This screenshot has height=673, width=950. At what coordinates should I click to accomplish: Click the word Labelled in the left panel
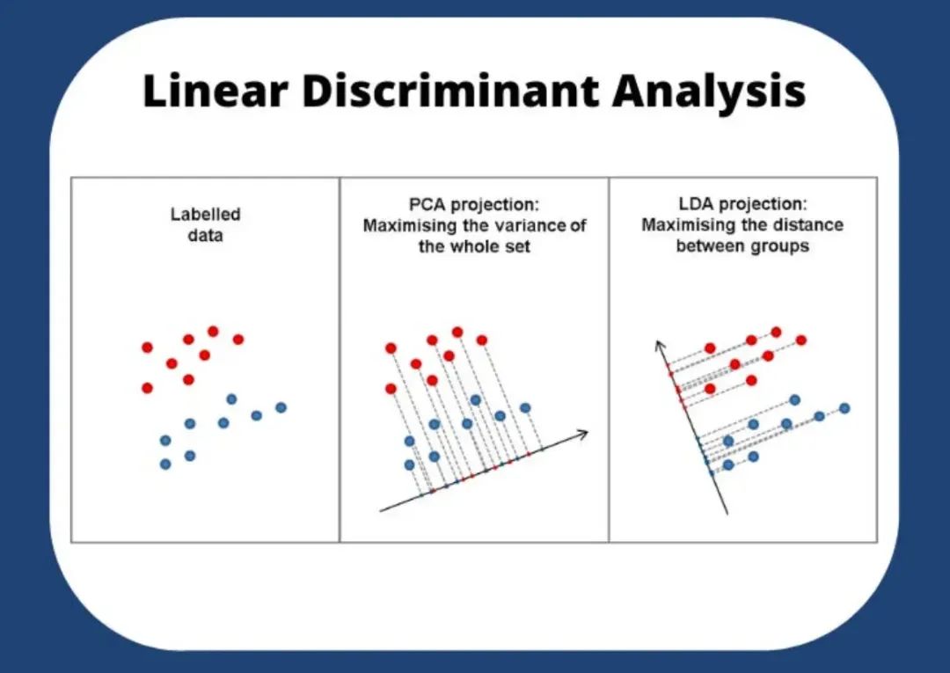click(x=205, y=215)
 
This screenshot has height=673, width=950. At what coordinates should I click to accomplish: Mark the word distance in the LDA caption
click(x=807, y=225)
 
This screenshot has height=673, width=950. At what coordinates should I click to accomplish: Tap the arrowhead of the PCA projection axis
click(x=582, y=431)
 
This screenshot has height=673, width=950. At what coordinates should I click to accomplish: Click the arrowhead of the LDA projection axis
click(x=658, y=344)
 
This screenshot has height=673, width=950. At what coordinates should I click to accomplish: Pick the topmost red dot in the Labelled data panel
click(x=213, y=331)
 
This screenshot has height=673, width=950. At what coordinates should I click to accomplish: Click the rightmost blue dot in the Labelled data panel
click(x=281, y=407)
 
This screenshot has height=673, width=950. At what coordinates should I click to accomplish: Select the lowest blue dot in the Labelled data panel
click(x=165, y=464)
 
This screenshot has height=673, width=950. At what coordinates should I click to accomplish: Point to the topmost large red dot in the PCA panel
click(x=457, y=332)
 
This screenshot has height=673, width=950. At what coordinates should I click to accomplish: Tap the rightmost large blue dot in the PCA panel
click(x=524, y=407)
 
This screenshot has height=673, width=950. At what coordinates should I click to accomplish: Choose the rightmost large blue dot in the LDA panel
click(x=844, y=408)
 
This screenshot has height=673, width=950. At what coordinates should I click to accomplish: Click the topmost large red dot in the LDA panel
click(x=776, y=332)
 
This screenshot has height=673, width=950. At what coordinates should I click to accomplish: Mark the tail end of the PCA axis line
click(x=381, y=509)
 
